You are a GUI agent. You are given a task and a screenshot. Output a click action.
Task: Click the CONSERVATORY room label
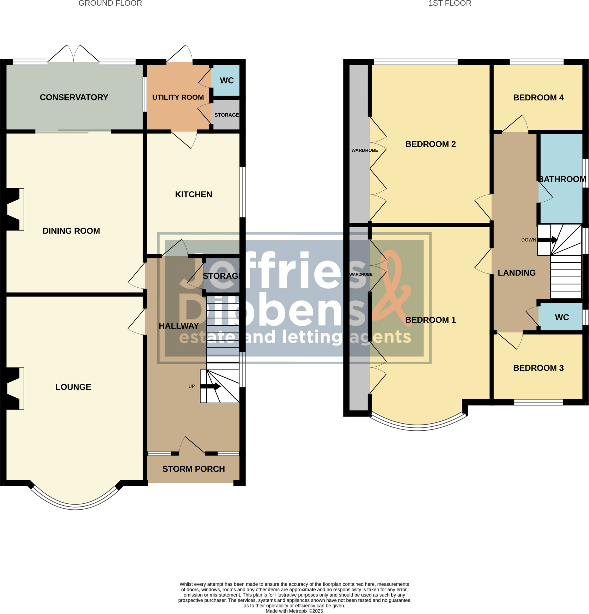tap(74, 97)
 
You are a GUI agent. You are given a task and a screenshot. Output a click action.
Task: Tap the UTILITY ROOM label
tap(178, 97)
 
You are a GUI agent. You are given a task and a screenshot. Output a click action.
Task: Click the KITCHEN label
tap(193, 195)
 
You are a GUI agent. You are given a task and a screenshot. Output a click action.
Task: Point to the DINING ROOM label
tap(71, 231)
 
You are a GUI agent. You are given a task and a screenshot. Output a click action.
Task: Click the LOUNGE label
tap(73, 387)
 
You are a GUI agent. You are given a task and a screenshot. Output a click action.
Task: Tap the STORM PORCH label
tap(193, 469)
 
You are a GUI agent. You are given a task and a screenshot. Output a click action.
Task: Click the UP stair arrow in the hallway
tap(210, 386)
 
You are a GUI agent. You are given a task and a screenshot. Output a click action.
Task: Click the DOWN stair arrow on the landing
tap(547, 240)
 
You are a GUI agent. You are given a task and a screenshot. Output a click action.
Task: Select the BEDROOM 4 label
tap(538, 98)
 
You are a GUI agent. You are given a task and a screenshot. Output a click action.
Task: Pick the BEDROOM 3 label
tap(538, 368)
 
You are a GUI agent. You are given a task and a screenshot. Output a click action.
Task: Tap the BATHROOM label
tap(562, 179)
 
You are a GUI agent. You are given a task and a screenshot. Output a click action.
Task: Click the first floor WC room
tap(562, 317)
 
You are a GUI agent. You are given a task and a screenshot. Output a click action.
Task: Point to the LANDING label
tap(517, 273)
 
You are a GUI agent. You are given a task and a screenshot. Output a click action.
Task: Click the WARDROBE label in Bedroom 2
tap(365, 151)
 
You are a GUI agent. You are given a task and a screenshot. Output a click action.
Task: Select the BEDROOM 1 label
tap(430, 320)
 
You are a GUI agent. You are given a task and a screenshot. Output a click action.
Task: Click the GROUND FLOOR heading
tap(110, 3)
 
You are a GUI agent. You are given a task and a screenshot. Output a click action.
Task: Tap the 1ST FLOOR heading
tap(450, 3)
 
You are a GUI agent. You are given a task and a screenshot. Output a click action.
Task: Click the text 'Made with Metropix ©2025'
tap(294, 611)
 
